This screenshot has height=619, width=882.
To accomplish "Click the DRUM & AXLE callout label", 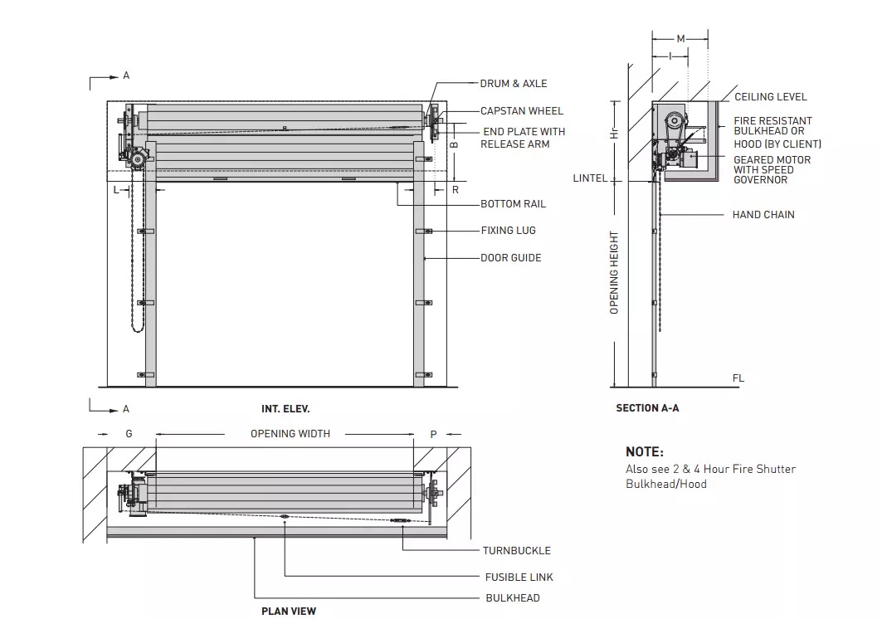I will point(513,84).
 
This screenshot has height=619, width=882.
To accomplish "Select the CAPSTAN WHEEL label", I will point(521,111).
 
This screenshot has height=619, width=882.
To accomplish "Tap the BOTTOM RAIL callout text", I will point(513,204).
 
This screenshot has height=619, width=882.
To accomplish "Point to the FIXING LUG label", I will point(508,231).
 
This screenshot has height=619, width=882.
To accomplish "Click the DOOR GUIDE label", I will point(510,258).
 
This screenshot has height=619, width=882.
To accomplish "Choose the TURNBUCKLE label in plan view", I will point(516,550).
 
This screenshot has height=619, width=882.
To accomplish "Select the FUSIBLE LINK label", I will point(519,578).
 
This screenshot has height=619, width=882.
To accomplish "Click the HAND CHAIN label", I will point(763,215).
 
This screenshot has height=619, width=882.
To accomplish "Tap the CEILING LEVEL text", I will point(770,97).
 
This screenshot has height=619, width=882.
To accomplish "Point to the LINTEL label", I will point(590,178).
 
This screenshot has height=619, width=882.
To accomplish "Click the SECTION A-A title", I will point(647,408).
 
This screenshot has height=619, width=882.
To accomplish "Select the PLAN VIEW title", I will point(288,612).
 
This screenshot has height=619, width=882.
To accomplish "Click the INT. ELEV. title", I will point(285,409).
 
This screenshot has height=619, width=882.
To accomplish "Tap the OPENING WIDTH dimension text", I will point(290,434).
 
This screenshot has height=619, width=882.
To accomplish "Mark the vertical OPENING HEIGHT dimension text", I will point(615,272).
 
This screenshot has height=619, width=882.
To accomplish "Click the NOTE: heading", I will point(644,452).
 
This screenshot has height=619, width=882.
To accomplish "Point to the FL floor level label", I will point(738,378).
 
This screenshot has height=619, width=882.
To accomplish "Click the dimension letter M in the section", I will point(680,39).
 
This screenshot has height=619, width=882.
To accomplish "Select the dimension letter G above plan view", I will point(129,434).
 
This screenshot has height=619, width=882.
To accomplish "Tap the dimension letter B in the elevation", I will point(453,144).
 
